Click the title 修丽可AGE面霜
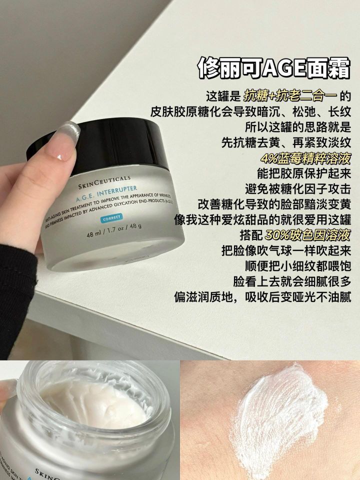(x=273, y=67)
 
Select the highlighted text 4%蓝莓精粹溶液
(x=305, y=158)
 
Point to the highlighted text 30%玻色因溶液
(x=307, y=235)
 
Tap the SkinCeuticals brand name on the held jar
(x=104, y=182)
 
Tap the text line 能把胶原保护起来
(x=304, y=174)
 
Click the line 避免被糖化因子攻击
(x=298, y=189)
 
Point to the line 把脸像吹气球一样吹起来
(x=286, y=250)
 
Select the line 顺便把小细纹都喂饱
(x=298, y=266)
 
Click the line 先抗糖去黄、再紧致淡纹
(x=286, y=142)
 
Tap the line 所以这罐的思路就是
(x=298, y=127)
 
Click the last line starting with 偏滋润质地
(x=262, y=297)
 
